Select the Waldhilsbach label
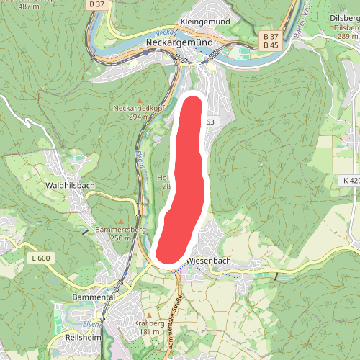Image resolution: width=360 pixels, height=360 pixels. (x=70, y=185)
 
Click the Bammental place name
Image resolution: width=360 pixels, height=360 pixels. (x=94, y=297)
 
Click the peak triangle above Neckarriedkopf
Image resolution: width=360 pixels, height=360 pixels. (x=140, y=99)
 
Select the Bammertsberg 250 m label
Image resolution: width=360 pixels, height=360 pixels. (x=120, y=230)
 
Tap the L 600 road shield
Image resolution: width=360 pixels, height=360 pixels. (x=42, y=257)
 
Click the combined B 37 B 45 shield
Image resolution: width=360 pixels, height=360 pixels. (x=271, y=40)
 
